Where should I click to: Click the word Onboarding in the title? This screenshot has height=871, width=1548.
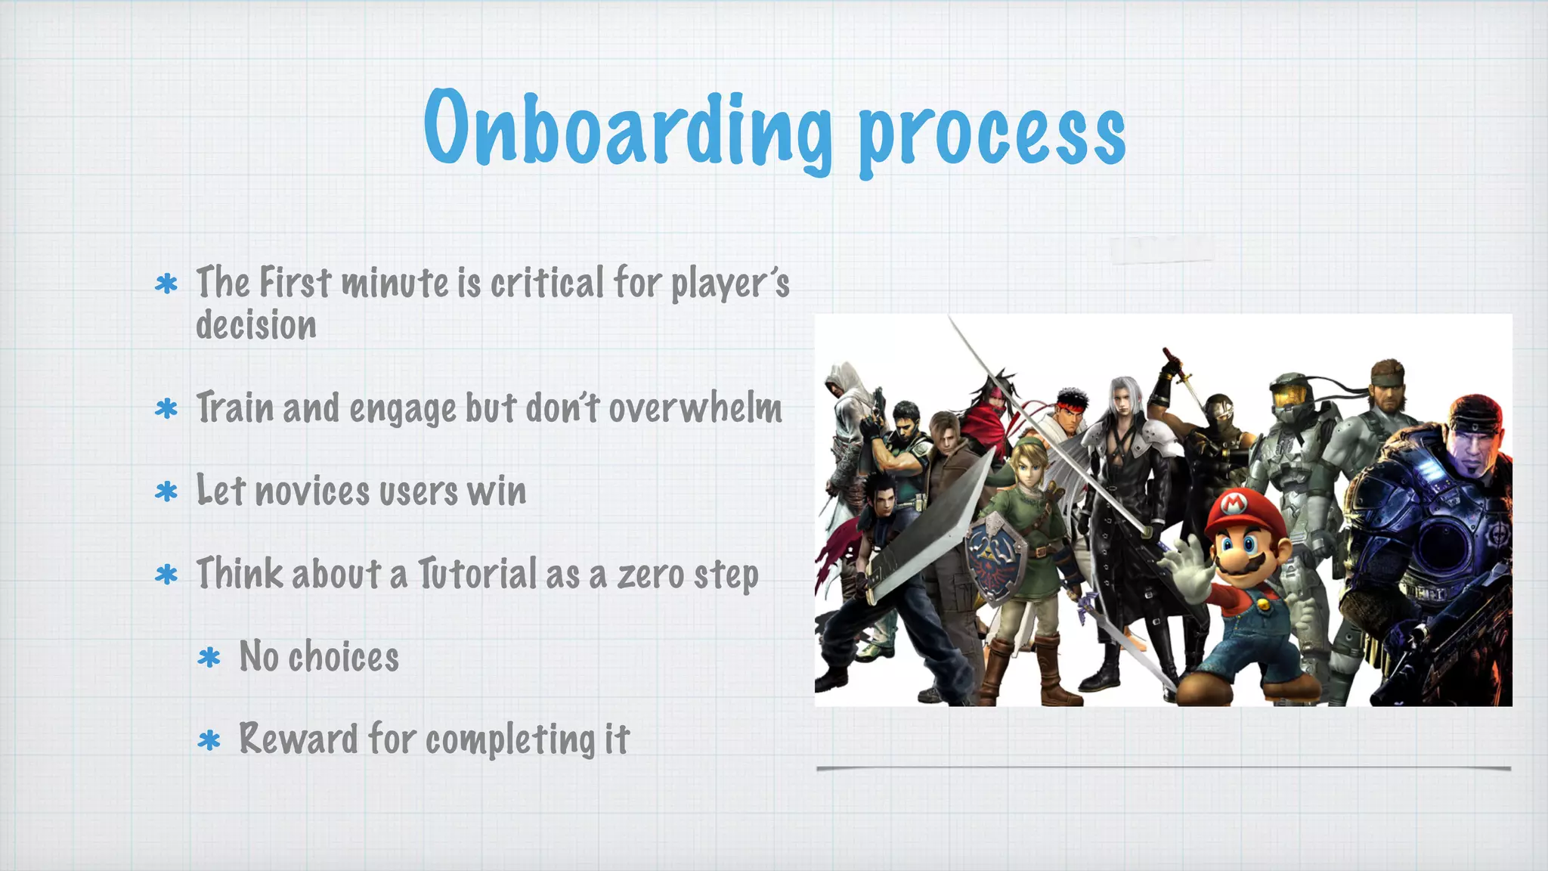(x=627, y=129)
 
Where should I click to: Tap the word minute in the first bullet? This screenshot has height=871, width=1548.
(x=395, y=283)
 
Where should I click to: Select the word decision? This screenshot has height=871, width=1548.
(x=256, y=325)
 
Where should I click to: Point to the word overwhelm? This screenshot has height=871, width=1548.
(x=695, y=408)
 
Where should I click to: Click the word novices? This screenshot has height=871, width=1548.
(x=312, y=491)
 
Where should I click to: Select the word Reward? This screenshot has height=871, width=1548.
(x=298, y=739)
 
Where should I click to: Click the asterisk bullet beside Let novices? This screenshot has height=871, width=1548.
(x=166, y=492)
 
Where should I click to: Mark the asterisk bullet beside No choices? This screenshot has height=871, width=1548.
(x=209, y=657)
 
